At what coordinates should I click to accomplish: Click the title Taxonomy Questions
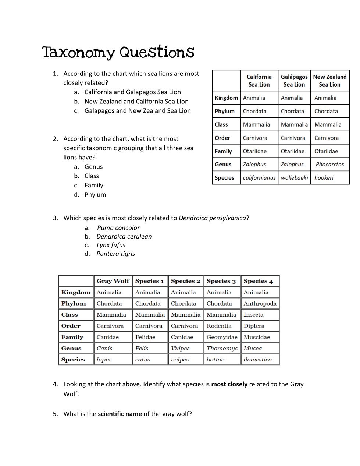[x=118, y=52]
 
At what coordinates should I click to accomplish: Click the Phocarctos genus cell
[x=329, y=165]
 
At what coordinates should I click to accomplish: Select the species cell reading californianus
[x=259, y=178]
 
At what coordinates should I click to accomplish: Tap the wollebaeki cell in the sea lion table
[x=294, y=178]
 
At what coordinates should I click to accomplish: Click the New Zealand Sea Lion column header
[x=329, y=81]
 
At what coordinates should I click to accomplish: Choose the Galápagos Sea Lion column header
[x=294, y=81]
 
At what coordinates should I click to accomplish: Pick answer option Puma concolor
[x=118, y=228]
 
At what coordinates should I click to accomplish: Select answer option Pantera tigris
[x=115, y=254]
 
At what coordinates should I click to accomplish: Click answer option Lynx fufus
[x=111, y=245]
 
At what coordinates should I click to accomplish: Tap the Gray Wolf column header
[x=113, y=281]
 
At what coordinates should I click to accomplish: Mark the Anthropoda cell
[x=260, y=304]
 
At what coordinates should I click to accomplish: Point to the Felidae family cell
[x=145, y=337]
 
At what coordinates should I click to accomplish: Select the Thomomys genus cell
[x=222, y=348]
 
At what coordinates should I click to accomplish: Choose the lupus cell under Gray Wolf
[x=104, y=360]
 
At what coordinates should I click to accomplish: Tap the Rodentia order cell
[x=219, y=326]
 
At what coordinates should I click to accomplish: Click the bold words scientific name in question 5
[x=120, y=414]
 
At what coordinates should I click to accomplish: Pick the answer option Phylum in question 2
[x=95, y=195]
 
